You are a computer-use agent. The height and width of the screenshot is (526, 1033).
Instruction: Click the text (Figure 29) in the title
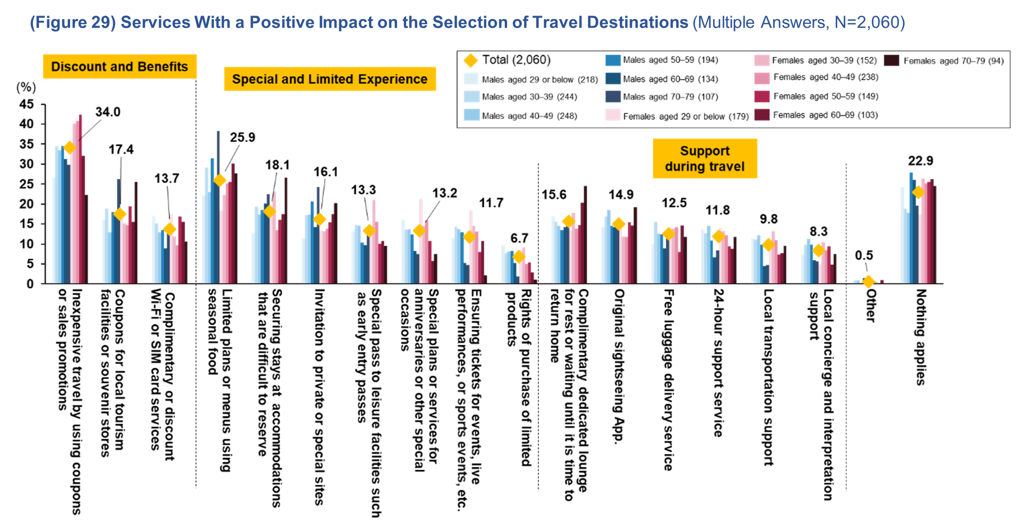[x=72, y=22]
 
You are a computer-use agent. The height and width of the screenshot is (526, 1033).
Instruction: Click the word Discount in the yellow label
[x=78, y=66]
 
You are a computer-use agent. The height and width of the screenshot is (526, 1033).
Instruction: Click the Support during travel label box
[x=705, y=159]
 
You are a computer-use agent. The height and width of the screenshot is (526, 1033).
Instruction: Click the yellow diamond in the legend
[x=470, y=61]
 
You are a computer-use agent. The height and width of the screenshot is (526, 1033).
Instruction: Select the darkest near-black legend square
[x=891, y=61]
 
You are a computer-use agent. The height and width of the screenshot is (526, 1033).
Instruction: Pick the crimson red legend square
[x=762, y=96]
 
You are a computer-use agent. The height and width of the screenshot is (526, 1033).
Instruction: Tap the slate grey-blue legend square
[x=613, y=96]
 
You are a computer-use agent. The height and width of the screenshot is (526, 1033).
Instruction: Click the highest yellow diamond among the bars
[x=69, y=147]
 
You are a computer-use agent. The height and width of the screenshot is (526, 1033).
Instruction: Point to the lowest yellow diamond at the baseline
[x=868, y=282]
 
